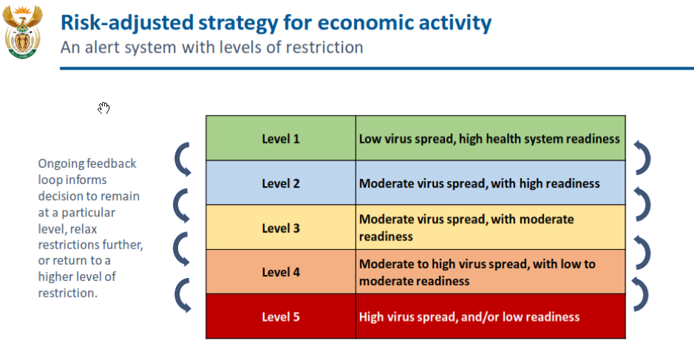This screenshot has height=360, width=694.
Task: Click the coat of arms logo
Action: point(23,32)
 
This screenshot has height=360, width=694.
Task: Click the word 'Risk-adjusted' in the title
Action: point(127,23)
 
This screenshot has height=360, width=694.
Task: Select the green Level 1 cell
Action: point(281,138)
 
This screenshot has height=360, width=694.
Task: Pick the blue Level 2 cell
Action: point(281,183)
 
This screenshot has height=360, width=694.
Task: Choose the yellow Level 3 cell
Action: point(281,228)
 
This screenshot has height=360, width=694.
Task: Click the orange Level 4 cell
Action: point(281,272)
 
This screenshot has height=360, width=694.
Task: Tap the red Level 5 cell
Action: point(281,316)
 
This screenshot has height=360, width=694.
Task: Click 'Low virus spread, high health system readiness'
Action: point(489,138)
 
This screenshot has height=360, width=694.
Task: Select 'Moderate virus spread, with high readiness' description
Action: point(480,183)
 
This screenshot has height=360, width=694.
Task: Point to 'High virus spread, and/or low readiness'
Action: point(469,316)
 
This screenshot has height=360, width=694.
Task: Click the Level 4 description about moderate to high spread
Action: point(477,272)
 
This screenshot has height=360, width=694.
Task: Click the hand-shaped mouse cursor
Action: point(103,108)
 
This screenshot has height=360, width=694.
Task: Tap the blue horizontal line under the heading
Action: point(377,68)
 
